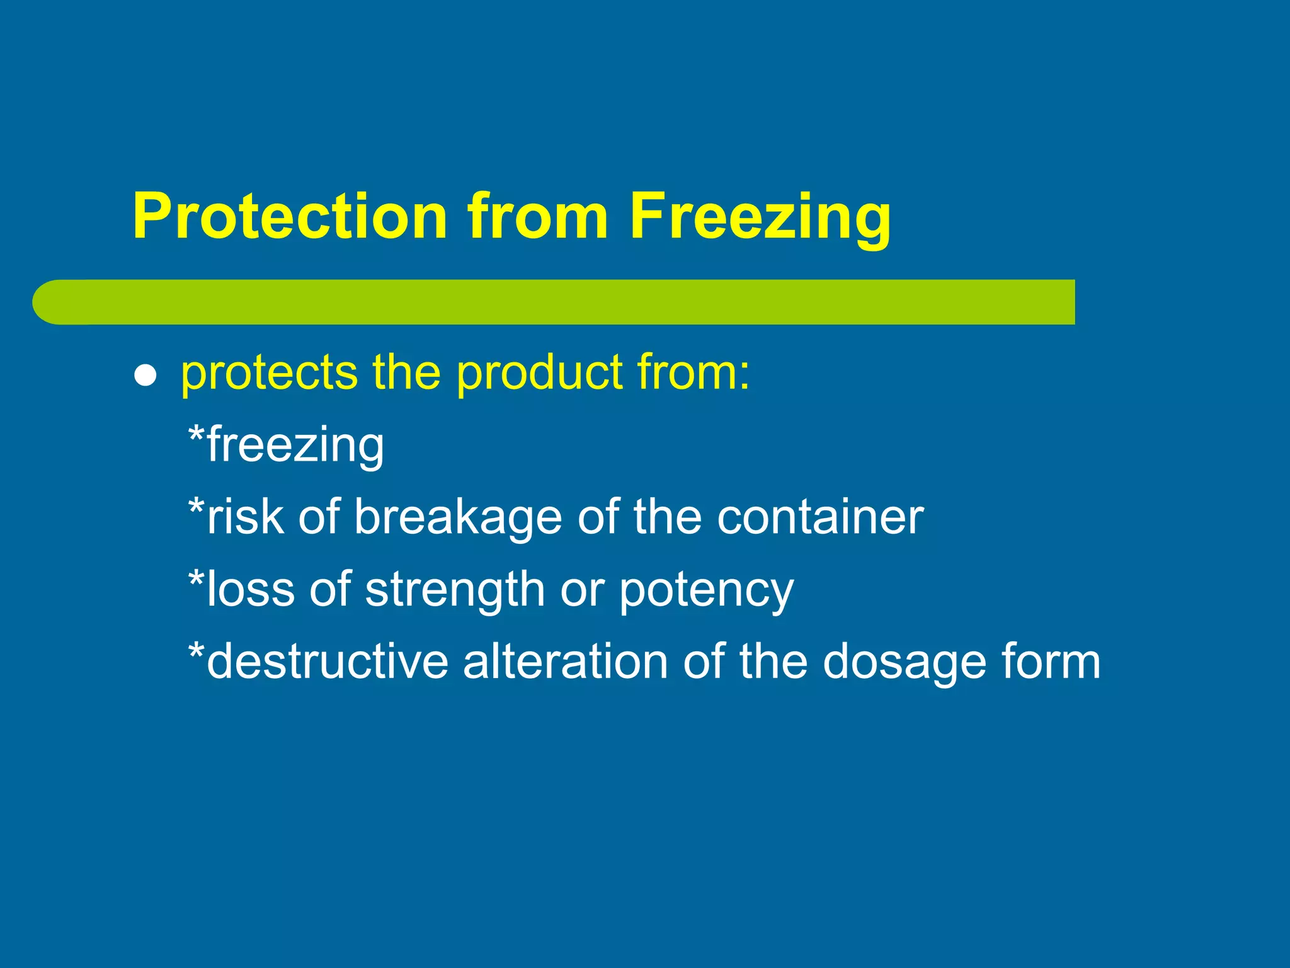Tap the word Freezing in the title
pos(760,216)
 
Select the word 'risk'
pos(245,517)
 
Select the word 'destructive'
pos(328,662)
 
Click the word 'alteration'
pos(565,662)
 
